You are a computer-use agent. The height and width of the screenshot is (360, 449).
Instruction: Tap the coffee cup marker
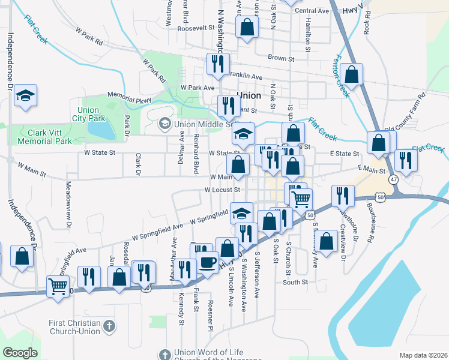click(x=208, y=263)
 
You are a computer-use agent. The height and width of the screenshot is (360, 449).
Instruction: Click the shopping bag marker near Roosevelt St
click(x=247, y=28)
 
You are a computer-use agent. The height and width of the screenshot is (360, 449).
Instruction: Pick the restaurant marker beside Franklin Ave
click(x=216, y=64)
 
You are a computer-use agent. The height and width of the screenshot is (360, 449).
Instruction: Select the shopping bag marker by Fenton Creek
click(x=352, y=75)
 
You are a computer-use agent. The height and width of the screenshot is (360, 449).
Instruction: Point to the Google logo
click(x=20, y=352)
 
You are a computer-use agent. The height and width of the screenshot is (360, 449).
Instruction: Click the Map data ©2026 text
click(x=423, y=355)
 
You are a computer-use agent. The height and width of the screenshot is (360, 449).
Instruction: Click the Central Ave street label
click(x=312, y=11)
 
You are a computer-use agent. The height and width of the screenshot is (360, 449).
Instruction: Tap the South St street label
click(x=295, y=281)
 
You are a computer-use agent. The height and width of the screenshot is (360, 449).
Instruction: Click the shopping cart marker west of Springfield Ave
click(x=58, y=286)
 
